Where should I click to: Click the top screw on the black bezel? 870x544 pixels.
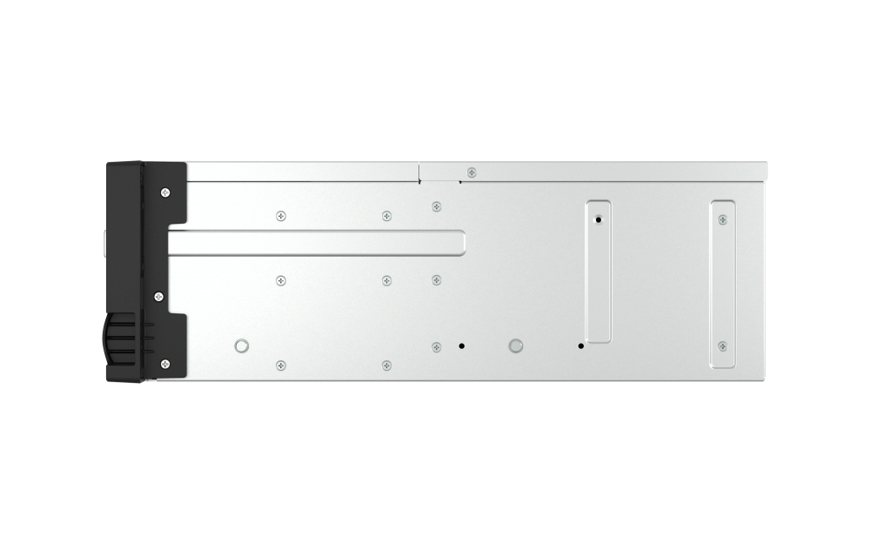pos(165,191)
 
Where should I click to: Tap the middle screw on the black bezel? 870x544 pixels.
pos(158,297)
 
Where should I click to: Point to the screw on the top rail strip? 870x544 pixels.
pos(472,172)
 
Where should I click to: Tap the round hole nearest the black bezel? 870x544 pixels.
pos(242,346)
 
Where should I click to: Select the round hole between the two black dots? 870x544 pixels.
pos(516,346)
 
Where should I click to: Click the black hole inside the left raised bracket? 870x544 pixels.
pos(598,220)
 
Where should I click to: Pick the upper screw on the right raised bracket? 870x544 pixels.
pos(722,219)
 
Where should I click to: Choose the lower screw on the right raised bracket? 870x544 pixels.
pos(722,346)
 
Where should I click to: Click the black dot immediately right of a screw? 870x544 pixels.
pos(462,346)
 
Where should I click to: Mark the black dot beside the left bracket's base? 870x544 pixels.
pos(580,346)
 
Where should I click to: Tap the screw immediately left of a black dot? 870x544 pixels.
pos(437,347)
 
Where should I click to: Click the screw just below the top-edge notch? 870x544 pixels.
pos(437,207)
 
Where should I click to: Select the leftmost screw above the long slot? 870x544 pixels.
pos(280,216)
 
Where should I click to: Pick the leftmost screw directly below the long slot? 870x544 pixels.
pos(280,280)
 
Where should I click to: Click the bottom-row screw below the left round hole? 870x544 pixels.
pos(280,365)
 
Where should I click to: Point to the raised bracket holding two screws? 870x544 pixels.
pos(722,283)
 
